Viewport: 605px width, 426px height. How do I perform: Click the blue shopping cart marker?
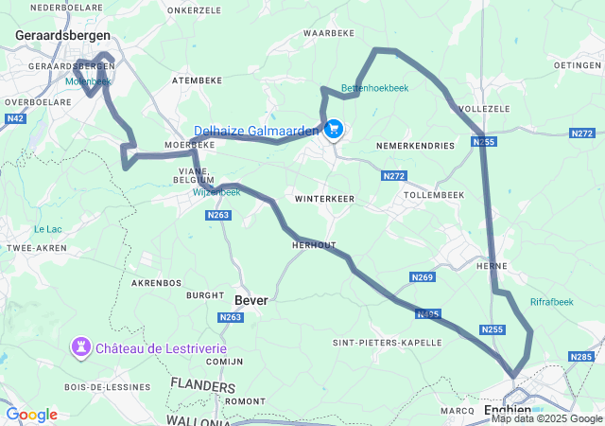pos(333,129)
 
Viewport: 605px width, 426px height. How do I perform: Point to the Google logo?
pos(31,415)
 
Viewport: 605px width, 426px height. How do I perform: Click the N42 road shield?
pos(15,118)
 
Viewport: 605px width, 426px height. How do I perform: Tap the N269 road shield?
pos(423,277)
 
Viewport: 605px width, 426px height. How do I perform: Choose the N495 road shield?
pos(428,314)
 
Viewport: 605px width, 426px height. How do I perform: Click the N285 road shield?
pos(580,356)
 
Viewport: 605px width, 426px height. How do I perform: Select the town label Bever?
pos(251,300)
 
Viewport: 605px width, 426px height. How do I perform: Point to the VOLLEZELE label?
pos(484,109)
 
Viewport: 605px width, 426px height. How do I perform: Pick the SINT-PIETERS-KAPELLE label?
pos(387,342)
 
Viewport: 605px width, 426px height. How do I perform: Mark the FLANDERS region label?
pos(203,386)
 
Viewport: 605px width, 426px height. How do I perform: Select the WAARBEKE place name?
pos(328,32)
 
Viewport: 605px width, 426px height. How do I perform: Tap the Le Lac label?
pos(47,228)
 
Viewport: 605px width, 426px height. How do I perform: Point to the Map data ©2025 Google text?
pos(546,418)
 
